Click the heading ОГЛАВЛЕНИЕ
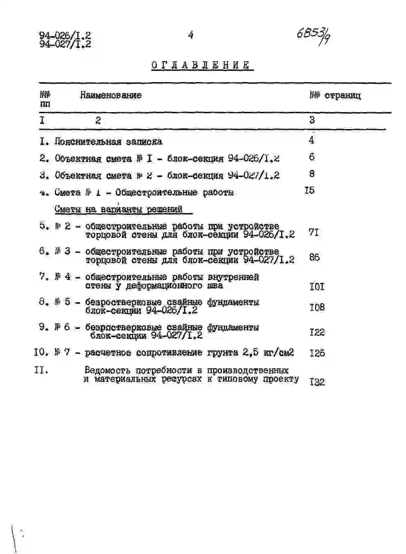pos(201,65)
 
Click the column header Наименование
pos(111,95)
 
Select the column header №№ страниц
pos(335,96)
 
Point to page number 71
pos(314,233)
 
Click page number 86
pos(314,257)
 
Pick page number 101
pos(317,287)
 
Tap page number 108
pos(317,307)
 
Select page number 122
pos(317,332)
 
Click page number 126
pos(317,353)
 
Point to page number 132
pos(317,382)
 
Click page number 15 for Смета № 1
pos(309,191)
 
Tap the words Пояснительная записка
pos(108,142)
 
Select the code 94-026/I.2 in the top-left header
pos(65,35)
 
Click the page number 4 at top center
pos(191,35)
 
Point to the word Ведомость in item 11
pos(107,370)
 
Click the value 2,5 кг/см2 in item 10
pos(268,352)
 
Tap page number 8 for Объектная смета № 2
pos(312,174)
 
